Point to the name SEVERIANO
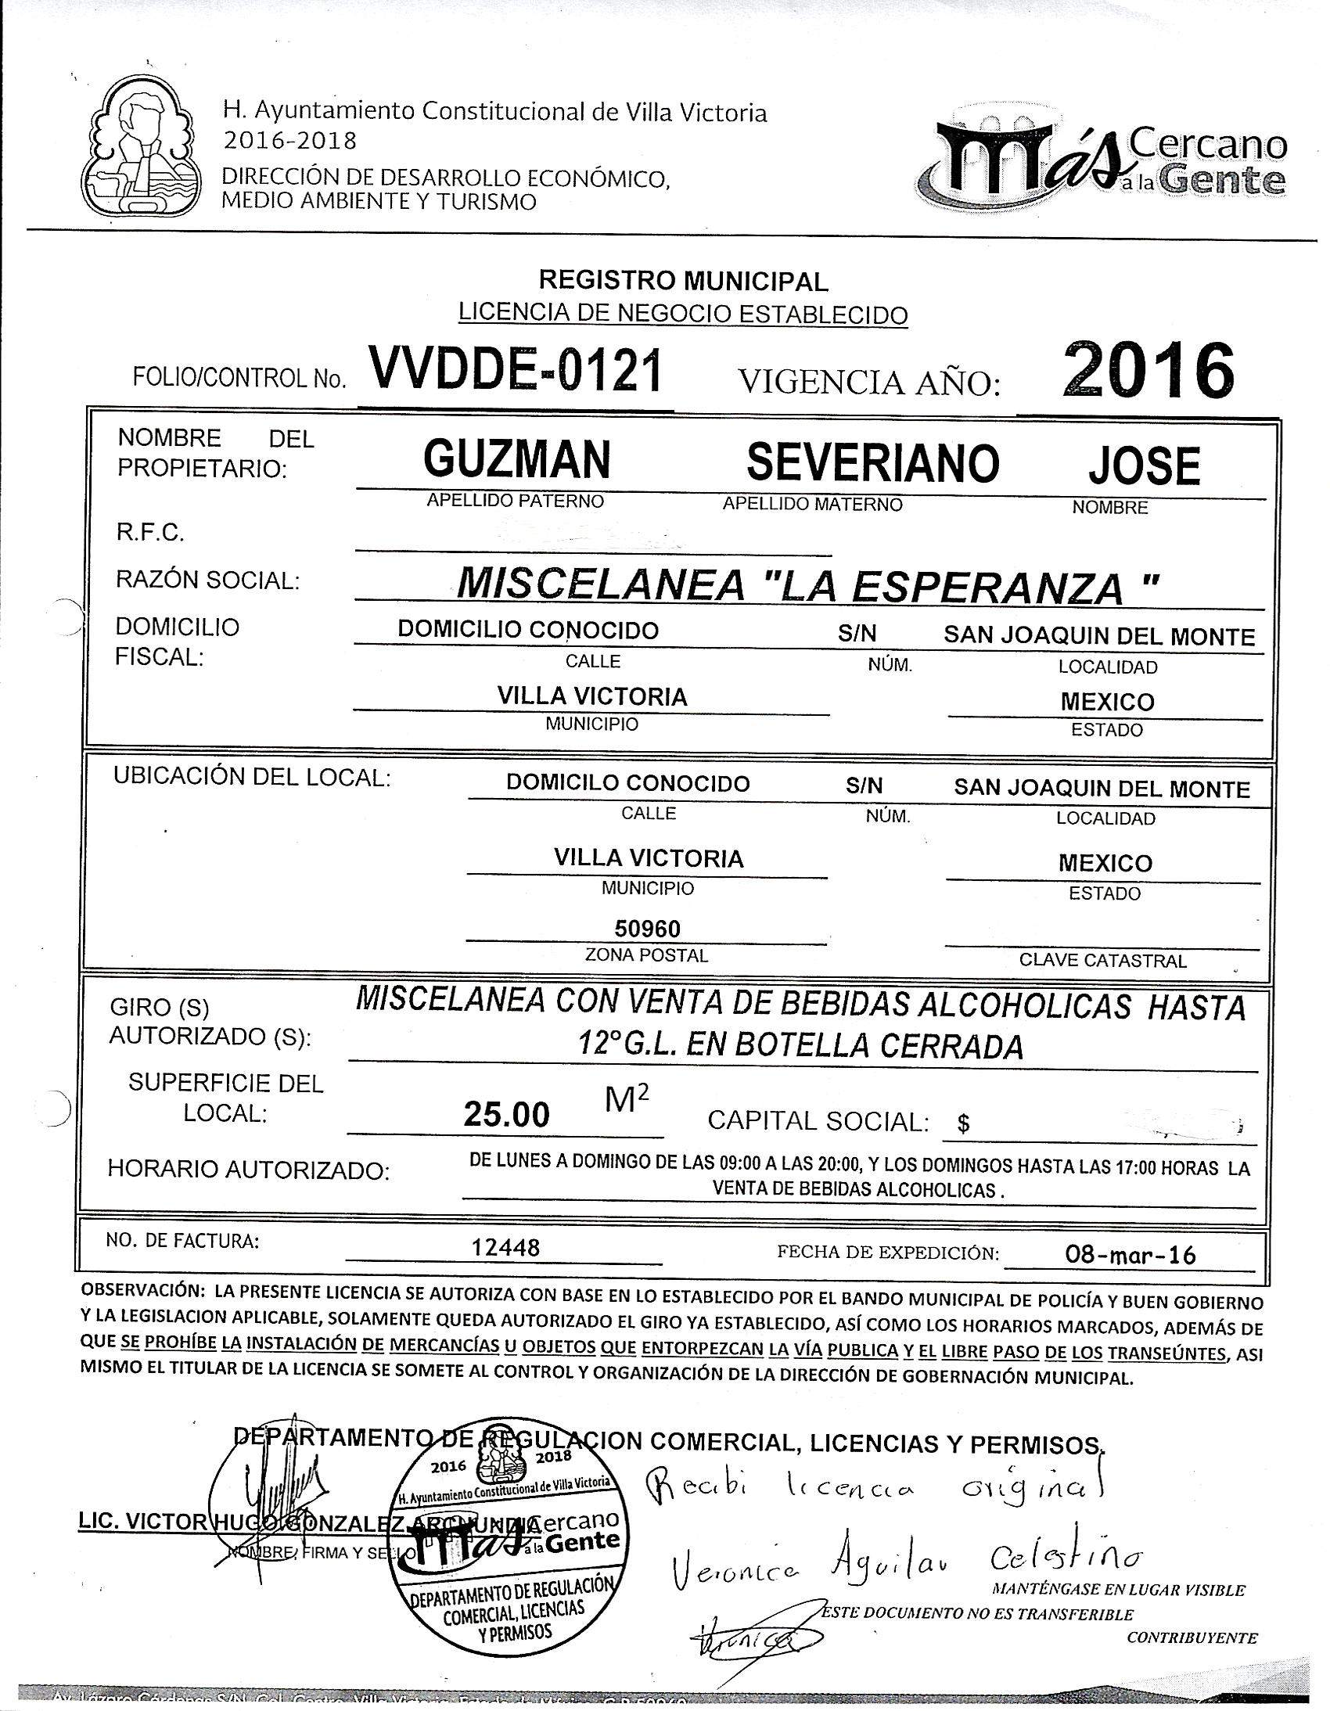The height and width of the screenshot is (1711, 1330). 872,462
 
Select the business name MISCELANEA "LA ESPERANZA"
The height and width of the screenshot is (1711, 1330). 807,584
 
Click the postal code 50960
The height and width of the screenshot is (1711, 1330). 647,929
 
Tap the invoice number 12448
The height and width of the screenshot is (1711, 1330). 508,1248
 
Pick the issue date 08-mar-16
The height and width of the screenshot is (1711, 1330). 1131,1255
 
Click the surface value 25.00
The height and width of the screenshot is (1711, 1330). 506,1115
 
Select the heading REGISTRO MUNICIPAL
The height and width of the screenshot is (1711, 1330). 683,280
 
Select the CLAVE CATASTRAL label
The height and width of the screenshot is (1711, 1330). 1102,961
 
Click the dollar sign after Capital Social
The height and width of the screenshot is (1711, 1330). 963,1125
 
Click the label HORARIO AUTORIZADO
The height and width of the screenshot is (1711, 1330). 248,1170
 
